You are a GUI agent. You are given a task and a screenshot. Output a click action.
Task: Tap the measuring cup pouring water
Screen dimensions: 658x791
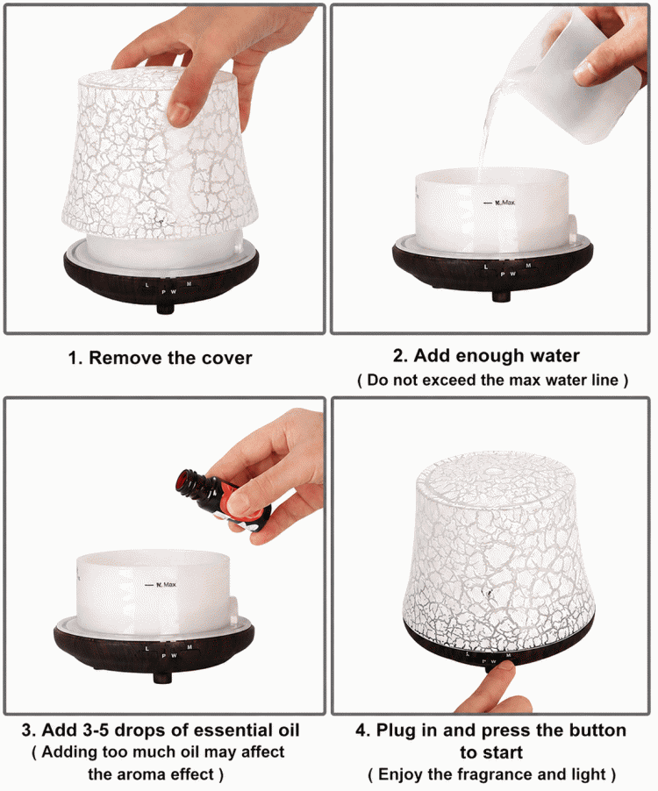coord(576,75)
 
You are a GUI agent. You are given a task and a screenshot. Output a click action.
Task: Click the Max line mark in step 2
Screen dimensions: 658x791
coord(499,203)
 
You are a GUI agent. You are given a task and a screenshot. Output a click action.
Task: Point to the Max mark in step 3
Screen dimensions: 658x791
coord(161,585)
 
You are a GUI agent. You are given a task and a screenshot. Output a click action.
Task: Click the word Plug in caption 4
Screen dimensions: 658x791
coord(397,730)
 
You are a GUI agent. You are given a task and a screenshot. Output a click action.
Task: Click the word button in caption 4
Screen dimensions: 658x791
coord(597,730)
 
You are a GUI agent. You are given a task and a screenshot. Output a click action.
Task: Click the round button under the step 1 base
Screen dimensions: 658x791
coord(166,307)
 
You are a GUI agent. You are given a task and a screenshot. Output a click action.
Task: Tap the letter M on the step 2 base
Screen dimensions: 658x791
coord(528,266)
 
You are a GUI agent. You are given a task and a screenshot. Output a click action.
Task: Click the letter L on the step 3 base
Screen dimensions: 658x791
coord(147,649)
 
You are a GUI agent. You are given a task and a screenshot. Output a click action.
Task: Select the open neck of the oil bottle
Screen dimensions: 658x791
coord(185,481)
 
